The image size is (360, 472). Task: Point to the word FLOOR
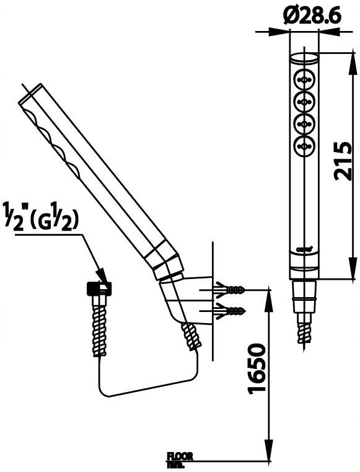pos(180,456)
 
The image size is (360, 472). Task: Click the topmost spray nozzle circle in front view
pos(304,79)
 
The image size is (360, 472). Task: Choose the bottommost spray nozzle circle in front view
pos(304,146)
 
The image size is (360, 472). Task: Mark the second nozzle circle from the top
pos(304,102)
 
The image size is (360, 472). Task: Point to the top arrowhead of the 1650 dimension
pos(269,294)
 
